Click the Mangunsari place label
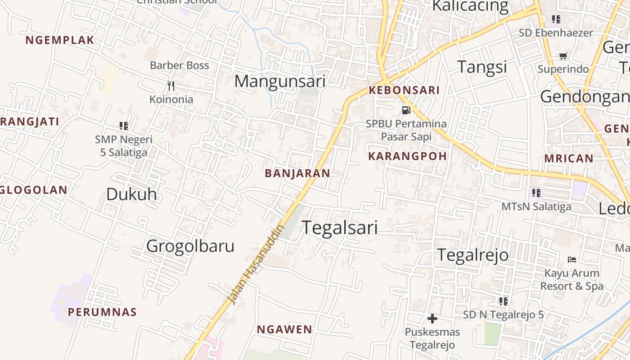coord(279,81)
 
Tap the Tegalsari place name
coord(339,228)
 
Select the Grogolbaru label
coord(190,246)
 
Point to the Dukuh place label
coord(131,194)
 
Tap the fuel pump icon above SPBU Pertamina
coord(406,110)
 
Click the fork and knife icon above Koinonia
coord(171,85)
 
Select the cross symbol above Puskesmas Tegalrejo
coord(432,319)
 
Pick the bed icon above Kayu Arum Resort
coord(572,259)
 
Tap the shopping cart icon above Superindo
coord(563,56)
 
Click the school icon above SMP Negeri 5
coord(124,126)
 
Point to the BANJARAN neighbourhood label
coord(297,173)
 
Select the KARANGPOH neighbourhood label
coord(407,156)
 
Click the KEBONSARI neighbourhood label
coord(404,90)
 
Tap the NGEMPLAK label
coord(60,40)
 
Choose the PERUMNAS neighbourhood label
coord(102,312)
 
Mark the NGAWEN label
coord(284,329)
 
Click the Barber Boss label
coord(179,65)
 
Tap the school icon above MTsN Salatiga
coord(536,193)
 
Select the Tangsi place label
coord(482,67)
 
